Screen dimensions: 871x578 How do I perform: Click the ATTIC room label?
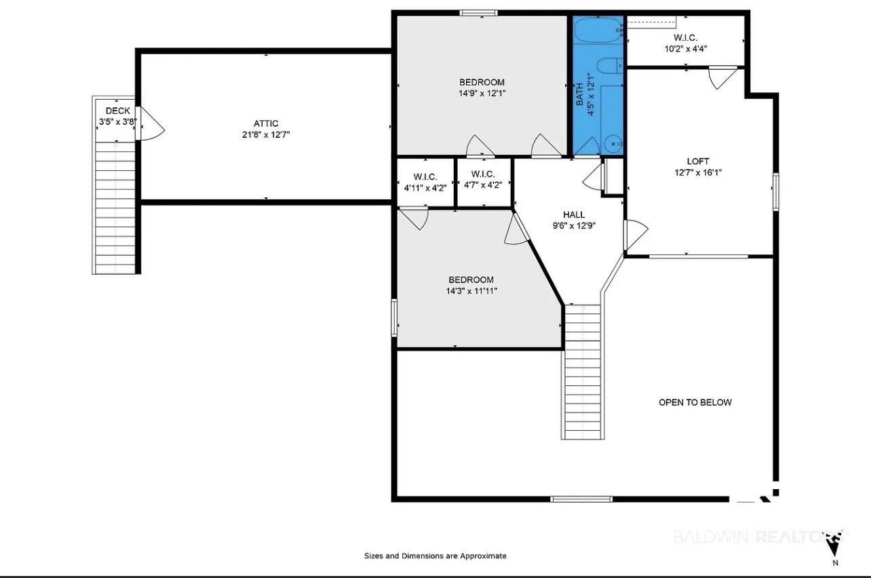266,123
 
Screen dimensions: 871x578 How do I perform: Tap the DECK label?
117,111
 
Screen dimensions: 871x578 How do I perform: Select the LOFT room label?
697,161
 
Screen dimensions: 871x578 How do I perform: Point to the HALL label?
574,214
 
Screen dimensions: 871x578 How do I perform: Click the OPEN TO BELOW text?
695,402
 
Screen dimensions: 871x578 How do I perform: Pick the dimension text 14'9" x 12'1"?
482,94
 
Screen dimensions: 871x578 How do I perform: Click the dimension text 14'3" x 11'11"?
471,291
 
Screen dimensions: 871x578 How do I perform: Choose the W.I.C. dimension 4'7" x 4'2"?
482,185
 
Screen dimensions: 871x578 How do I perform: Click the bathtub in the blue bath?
598,30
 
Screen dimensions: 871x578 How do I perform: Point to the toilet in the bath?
610,66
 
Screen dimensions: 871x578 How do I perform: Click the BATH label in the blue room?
579,94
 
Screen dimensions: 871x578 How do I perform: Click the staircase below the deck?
115,208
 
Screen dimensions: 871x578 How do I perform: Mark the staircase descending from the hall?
583,372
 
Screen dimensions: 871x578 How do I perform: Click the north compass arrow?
834,547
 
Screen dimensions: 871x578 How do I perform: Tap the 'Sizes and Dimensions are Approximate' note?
435,556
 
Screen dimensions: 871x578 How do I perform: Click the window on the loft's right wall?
776,192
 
